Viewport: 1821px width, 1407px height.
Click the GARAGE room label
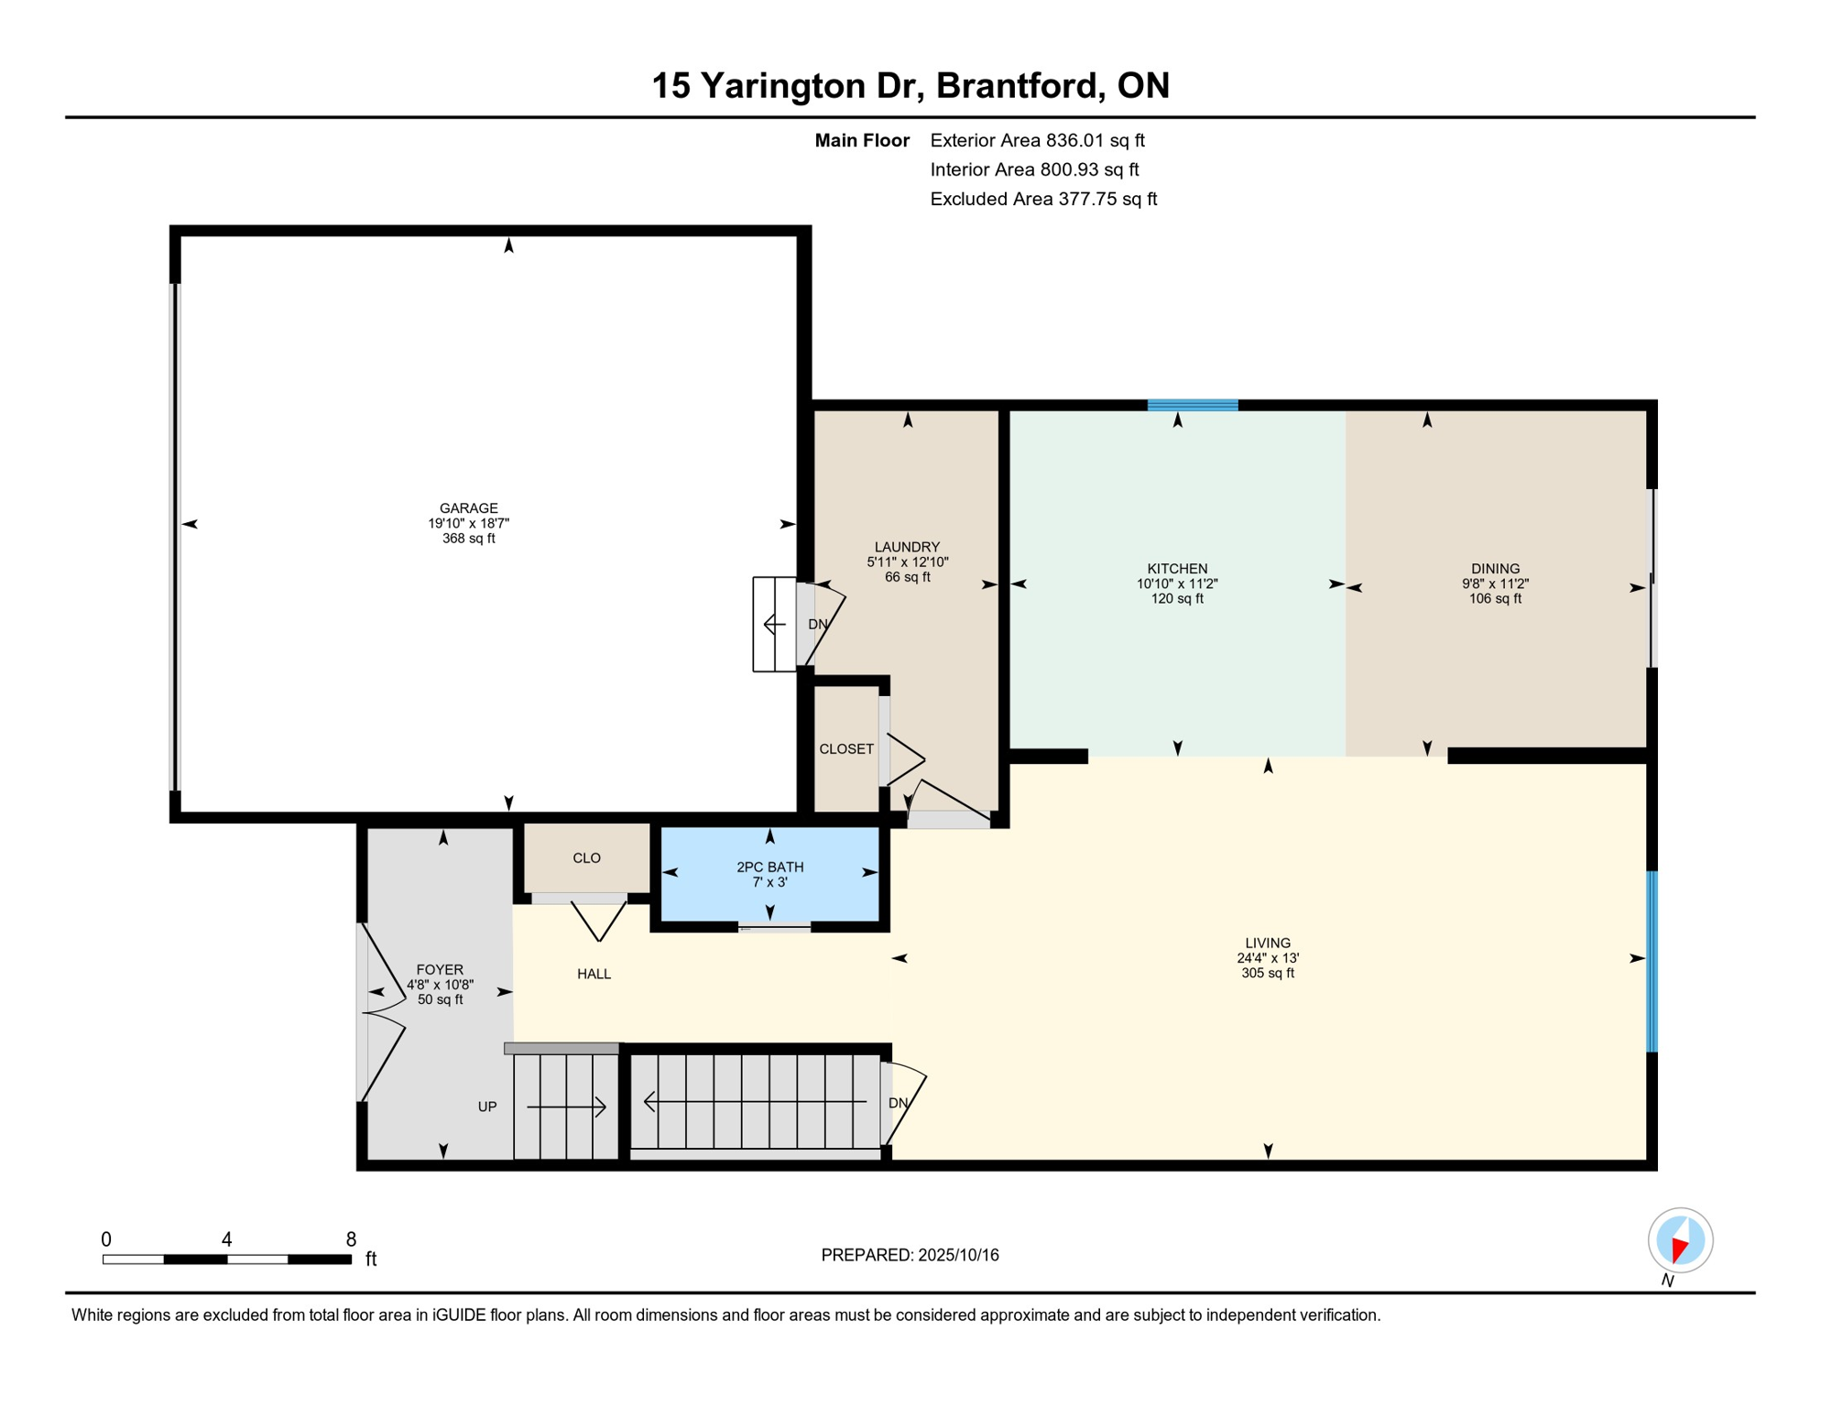tap(468, 507)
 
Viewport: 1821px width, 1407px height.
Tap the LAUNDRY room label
tap(907, 547)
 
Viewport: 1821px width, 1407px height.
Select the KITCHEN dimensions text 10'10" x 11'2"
tap(1177, 584)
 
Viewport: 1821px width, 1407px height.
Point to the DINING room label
tap(1495, 568)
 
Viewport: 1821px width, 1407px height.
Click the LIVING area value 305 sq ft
tap(1268, 973)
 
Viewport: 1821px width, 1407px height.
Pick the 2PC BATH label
tap(770, 867)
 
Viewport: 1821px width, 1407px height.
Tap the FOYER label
tap(440, 969)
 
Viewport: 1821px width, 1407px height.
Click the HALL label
tap(594, 974)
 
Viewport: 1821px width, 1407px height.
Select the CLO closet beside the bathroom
tap(586, 858)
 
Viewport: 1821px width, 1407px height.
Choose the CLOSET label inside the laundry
tap(846, 749)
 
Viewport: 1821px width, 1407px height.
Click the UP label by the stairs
tap(487, 1107)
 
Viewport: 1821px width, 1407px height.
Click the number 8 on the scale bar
tap(351, 1239)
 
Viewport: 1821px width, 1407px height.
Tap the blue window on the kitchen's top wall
tap(1193, 405)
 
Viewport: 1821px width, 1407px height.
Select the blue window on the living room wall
tap(1652, 962)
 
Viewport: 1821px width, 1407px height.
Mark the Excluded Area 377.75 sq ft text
tap(1043, 199)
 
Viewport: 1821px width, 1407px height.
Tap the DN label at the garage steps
tap(818, 625)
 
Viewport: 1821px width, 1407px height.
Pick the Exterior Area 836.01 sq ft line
tap(1038, 140)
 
